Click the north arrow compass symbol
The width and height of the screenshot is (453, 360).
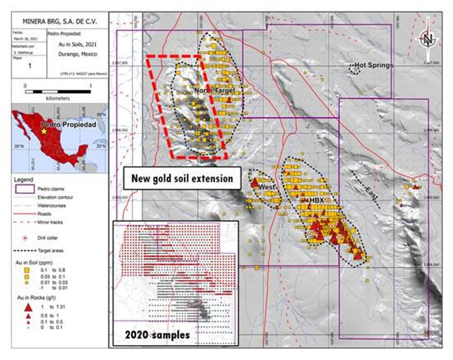coord(428,39)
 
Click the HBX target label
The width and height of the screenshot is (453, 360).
coord(317,201)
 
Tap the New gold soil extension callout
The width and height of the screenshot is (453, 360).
coord(182,178)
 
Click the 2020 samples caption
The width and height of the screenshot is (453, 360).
coord(157,335)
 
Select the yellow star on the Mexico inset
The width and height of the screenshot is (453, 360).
coord(44,131)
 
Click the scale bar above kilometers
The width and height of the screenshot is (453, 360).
coord(58,92)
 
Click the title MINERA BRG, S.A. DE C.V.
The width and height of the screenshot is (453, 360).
coord(60,22)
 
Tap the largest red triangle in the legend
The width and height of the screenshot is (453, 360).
coord(27,307)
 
